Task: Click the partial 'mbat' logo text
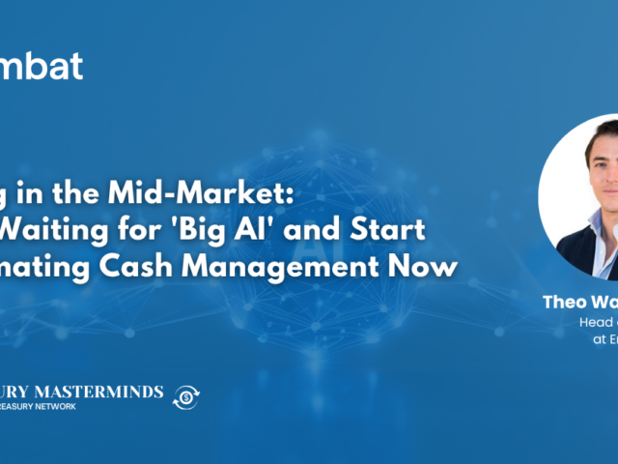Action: tap(42, 66)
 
